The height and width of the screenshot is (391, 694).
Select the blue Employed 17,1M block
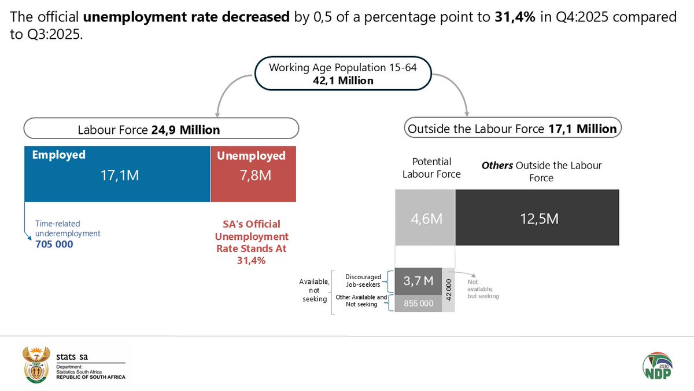pyautogui.click(x=117, y=174)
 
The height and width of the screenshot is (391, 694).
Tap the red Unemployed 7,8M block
pyautogui.click(x=253, y=174)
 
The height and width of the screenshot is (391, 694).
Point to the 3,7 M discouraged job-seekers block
pyautogui.click(x=418, y=281)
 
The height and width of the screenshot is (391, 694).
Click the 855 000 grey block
pyautogui.click(x=418, y=304)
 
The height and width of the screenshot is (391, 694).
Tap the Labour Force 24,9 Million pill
pyautogui.click(x=161, y=129)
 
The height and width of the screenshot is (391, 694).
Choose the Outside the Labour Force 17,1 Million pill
pyautogui.click(x=512, y=129)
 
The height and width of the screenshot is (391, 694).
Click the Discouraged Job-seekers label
pyautogui.click(x=363, y=281)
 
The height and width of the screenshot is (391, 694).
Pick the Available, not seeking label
pyautogui.click(x=314, y=290)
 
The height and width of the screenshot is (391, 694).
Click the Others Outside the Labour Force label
pyautogui.click(x=541, y=171)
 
